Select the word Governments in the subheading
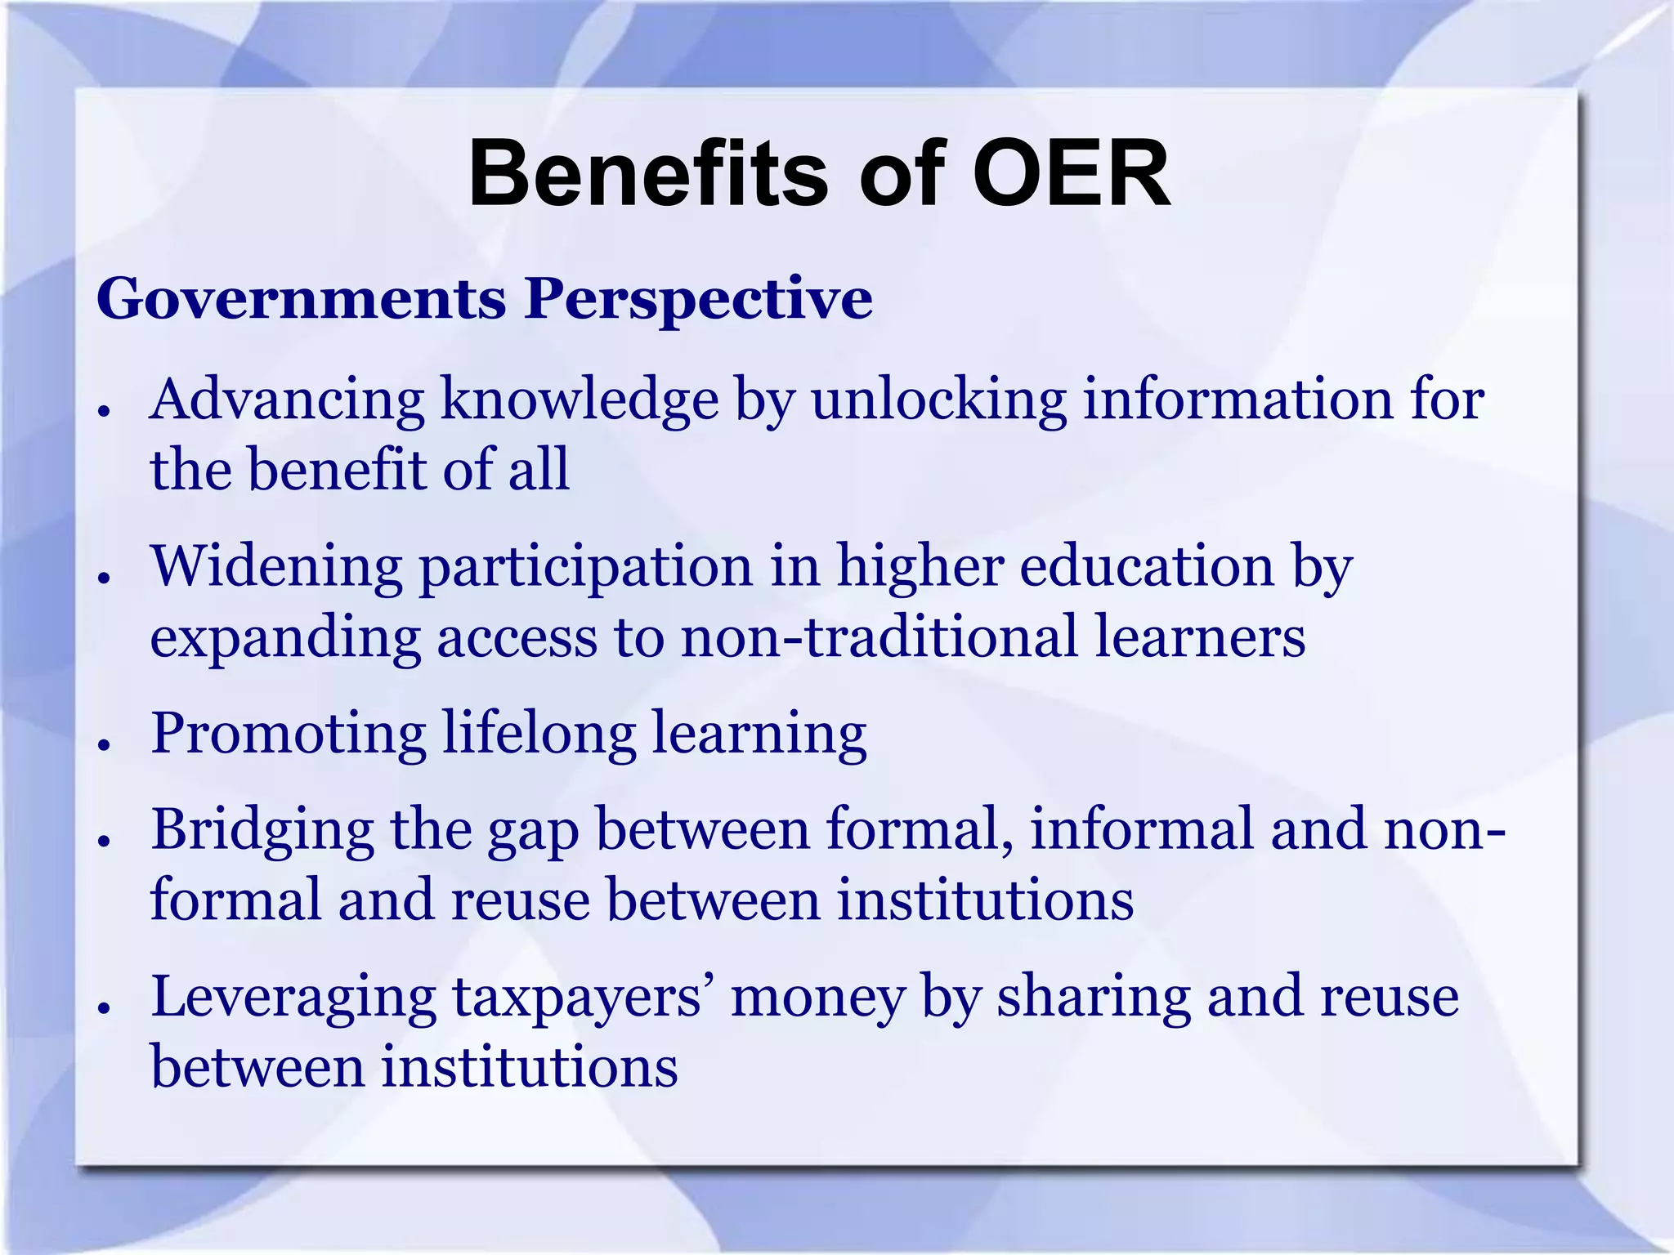click(x=302, y=299)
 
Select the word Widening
click(x=276, y=567)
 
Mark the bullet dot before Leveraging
click(x=104, y=1008)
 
